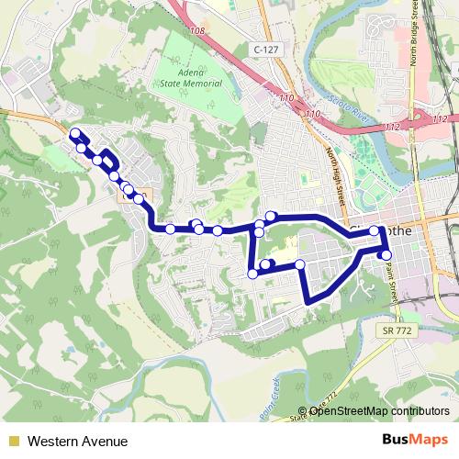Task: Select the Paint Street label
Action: [391, 275]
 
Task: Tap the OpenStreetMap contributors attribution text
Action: [378, 411]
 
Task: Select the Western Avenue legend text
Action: [77, 442]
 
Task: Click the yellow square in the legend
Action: [13, 442]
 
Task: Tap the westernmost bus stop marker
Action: [74, 134]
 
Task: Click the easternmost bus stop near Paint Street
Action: [386, 254]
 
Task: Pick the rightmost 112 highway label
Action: [441, 119]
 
